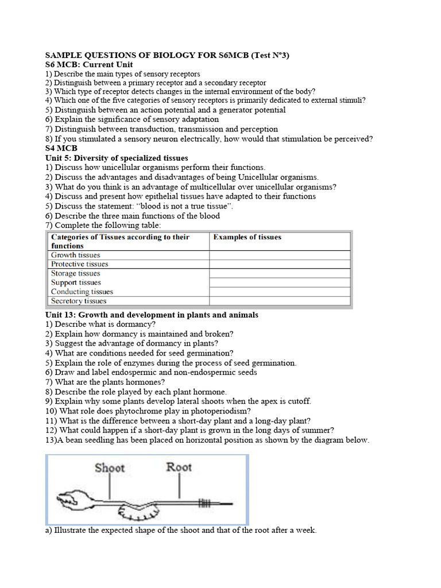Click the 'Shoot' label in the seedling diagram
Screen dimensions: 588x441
coord(110,467)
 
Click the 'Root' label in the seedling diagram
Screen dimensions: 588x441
coord(179,467)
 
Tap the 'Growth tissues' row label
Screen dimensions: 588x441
coord(75,255)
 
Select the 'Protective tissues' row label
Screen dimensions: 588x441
coord(79,264)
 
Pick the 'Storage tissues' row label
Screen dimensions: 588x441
coord(75,273)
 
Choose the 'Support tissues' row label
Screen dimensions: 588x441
coord(76,283)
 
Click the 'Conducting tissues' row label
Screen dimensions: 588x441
coord(82,292)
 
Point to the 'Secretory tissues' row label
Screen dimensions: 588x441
coord(79,301)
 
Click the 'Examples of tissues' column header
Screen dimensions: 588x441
coord(247,237)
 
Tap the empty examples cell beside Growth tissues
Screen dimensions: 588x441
coord(279,255)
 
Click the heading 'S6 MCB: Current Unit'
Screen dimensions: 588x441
coord(89,65)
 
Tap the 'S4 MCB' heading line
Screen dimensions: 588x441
coord(61,148)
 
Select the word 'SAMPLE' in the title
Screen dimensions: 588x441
coord(63,55)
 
